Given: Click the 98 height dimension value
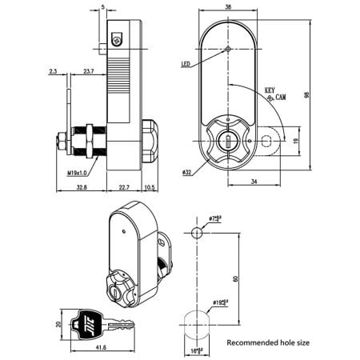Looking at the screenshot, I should click(306, 95).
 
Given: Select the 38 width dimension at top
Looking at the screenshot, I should click(228, 7).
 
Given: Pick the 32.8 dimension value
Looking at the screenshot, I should click(81, 187).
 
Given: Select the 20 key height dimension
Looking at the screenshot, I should click(58, 324).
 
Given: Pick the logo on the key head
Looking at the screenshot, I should click(84, 324).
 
